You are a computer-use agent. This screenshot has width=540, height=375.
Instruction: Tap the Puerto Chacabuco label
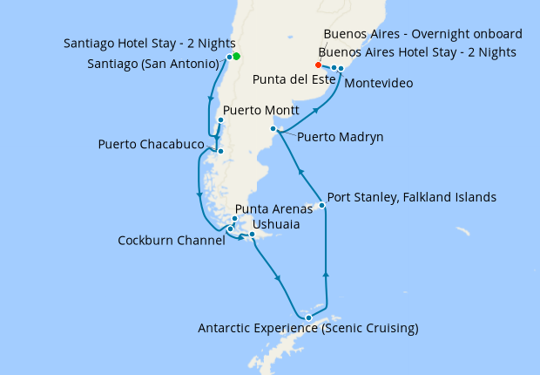click(152, 144)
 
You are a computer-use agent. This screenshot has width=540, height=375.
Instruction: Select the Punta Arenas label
click(273, 209)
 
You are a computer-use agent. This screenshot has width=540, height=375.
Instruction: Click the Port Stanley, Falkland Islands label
click(411, 198)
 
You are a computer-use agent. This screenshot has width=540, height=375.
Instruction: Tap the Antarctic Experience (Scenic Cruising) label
click(308, 329)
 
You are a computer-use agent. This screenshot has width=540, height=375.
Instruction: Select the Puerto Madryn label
click(340, 137)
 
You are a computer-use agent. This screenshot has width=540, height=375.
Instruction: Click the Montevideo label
click(379, 84)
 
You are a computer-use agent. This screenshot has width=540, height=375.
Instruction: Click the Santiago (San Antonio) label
click(152, 65)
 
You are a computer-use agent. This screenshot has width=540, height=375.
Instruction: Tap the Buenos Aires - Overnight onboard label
click(422, 34)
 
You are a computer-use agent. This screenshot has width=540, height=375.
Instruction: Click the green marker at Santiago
click(236, 57)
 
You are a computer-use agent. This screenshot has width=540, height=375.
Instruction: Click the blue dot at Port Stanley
click(322, 206)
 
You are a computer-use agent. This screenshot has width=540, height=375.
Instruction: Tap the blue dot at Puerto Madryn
click(273, 129)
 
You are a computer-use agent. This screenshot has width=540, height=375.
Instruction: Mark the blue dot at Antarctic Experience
click(308, 317)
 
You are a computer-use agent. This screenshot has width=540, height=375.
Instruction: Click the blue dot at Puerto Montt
click(220, 120)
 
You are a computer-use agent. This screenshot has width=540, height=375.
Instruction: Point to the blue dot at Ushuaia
click(252, 234)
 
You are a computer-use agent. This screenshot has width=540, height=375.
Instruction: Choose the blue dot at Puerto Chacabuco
click(220, 151)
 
